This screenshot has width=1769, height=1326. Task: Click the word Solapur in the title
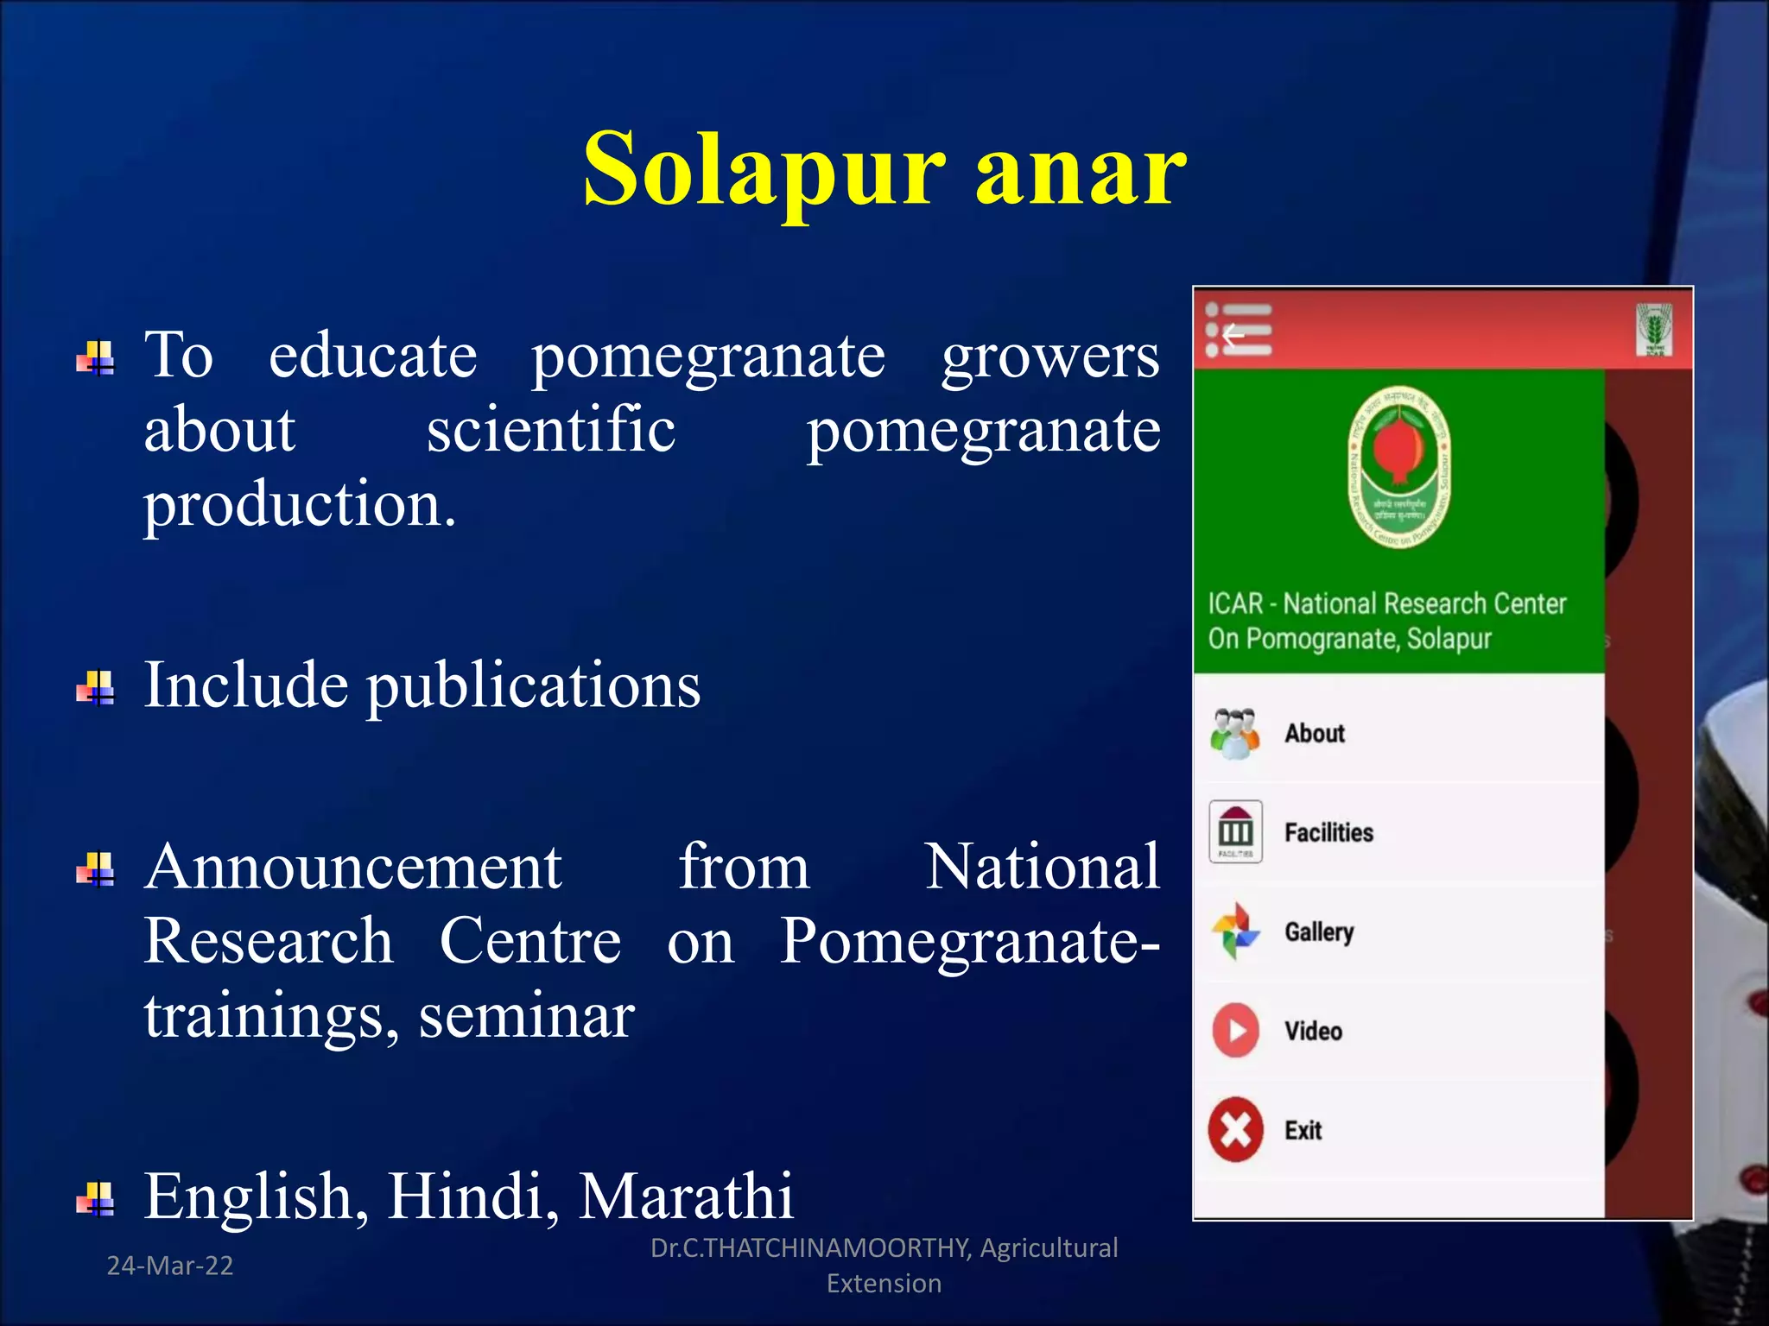click(764, 169)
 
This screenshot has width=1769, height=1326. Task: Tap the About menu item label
click(1314, 733)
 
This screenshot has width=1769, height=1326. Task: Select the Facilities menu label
click(1328, 832)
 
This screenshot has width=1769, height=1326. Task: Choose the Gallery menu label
click(1318, 931)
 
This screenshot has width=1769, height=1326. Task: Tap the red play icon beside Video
click(1235, 1030)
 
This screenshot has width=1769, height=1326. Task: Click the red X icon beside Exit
click(1235, 1129)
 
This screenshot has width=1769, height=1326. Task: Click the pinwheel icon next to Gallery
click(1235, 931)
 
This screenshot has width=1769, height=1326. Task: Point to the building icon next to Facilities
click(1235, 831)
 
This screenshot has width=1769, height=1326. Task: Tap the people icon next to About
click(1235, 733)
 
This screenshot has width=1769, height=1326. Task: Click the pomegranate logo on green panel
click(1399, 467)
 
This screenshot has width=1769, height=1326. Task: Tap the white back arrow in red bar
click(1233, 333)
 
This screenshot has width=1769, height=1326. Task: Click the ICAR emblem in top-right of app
click(1653, 329)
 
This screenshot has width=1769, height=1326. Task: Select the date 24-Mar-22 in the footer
click(170, 1266)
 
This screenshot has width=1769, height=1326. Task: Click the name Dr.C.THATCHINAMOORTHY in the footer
click(810, 1247)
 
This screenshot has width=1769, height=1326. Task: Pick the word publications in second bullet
click(534, 686)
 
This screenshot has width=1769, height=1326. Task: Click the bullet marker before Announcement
click(96, 869)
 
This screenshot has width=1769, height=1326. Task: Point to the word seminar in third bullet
click(527, 1017)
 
